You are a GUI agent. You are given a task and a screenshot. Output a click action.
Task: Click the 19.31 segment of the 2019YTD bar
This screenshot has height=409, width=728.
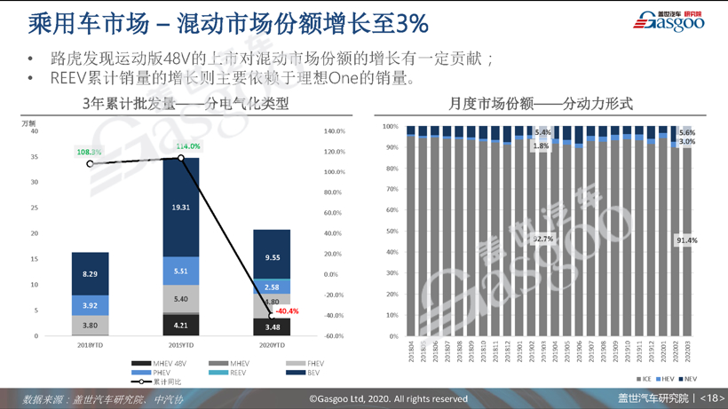point(181,207)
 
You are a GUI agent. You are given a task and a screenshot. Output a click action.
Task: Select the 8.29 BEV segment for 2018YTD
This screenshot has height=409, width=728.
point(91,274)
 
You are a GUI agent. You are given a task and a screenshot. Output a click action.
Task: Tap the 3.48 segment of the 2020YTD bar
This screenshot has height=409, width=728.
point(272,327)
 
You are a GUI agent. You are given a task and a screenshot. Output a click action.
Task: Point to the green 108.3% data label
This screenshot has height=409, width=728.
point(89,153)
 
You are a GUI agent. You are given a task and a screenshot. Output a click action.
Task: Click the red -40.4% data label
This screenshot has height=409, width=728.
point(287,311)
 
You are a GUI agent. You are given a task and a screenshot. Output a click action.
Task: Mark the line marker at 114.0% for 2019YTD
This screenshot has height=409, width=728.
point(181,158)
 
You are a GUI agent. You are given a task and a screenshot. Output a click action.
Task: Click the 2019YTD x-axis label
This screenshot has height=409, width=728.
point(181,345)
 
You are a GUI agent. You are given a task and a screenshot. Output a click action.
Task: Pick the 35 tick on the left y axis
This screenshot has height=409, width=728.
point(35,157)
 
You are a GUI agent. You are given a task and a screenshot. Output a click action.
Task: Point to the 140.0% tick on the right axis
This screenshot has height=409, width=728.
point(334,131)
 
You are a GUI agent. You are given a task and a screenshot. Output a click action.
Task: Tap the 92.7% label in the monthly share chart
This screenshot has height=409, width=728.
point(542,239)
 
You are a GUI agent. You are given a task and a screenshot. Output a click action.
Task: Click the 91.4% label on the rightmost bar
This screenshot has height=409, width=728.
point(686,240)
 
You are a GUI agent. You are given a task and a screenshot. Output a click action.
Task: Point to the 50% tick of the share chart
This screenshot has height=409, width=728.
point(391,232)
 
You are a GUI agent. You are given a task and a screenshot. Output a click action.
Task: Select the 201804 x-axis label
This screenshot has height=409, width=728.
point(411,352)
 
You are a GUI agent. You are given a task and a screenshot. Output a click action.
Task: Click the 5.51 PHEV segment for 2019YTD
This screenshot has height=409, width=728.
point(181,271)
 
